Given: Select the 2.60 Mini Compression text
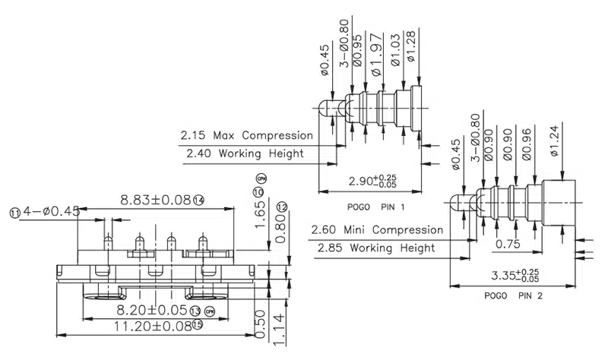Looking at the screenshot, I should (376, 230).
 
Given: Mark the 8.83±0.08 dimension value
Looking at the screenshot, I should (156, 201).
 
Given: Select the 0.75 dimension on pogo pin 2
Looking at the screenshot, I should (508, 244).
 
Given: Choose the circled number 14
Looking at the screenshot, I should (199, 201).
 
